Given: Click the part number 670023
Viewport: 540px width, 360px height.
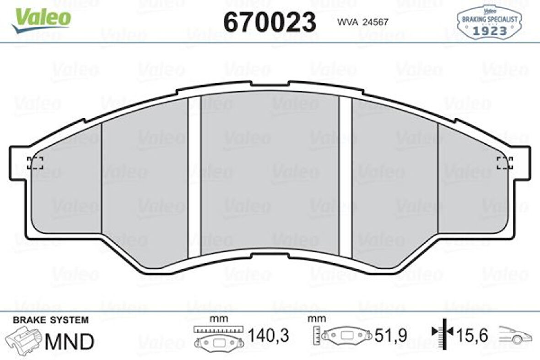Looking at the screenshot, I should tap(269, 21).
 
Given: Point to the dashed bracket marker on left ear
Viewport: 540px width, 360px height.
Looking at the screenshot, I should tap(35, 163).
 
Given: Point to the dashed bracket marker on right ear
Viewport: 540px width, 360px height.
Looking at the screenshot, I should tap(505, 163).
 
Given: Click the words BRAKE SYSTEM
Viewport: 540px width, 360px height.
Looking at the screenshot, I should tap(51, 320).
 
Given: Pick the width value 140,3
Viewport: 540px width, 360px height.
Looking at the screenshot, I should tap(268, 336).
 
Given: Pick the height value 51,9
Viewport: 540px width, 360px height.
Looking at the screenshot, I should tap(391, 336).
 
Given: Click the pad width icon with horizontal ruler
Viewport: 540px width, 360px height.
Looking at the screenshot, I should tap(217, 338).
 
